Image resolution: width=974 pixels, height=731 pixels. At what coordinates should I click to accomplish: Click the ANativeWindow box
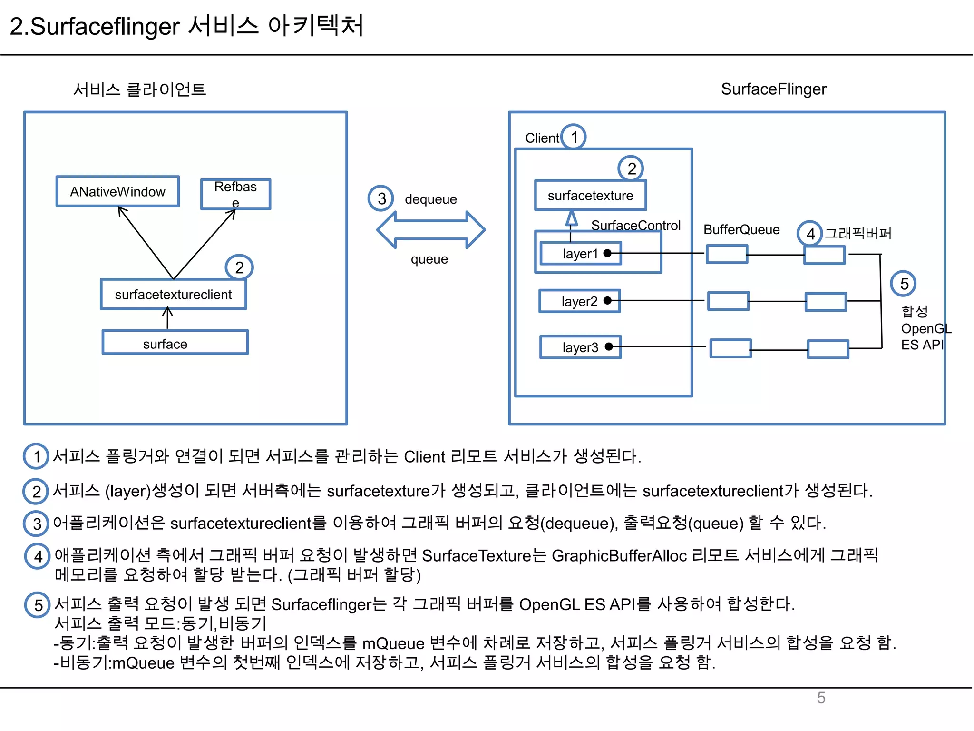tap(117, 191)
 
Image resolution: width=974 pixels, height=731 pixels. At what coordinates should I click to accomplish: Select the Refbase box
tap(235, 194)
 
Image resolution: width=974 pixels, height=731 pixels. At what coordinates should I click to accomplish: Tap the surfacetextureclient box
tap(173, 294)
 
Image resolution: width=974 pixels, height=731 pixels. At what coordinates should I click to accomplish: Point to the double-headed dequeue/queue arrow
tap(431, 230)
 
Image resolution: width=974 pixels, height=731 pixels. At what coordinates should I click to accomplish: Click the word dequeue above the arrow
tap(430, 199)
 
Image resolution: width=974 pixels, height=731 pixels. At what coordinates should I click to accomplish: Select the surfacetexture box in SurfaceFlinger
tap(590, 195)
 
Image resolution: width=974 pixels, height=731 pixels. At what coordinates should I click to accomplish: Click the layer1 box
tap(580, 253)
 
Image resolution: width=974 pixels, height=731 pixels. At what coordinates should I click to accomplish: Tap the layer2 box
tap(579, 301)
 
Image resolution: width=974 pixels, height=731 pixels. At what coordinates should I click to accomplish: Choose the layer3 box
tap(580, 347)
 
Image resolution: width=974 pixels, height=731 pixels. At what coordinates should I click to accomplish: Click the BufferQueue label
tap(741, 229)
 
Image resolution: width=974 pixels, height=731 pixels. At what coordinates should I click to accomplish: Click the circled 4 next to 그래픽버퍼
tap(810, 233)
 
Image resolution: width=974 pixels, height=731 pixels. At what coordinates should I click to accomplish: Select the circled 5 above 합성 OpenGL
tap(903, 284)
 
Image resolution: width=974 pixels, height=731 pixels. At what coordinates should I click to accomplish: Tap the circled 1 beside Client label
tap(574, 137)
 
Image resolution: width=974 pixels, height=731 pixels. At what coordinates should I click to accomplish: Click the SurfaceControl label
tap(635, 225)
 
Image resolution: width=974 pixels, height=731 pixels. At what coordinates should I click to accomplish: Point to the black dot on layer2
tap(607, 301)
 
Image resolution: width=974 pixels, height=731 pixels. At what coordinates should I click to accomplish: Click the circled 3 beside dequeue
tap(381, 198)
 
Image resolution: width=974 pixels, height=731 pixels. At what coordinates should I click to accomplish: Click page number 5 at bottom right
tap(821, 698)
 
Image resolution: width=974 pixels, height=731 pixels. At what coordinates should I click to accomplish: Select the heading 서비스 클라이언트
tap(139, 89)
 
